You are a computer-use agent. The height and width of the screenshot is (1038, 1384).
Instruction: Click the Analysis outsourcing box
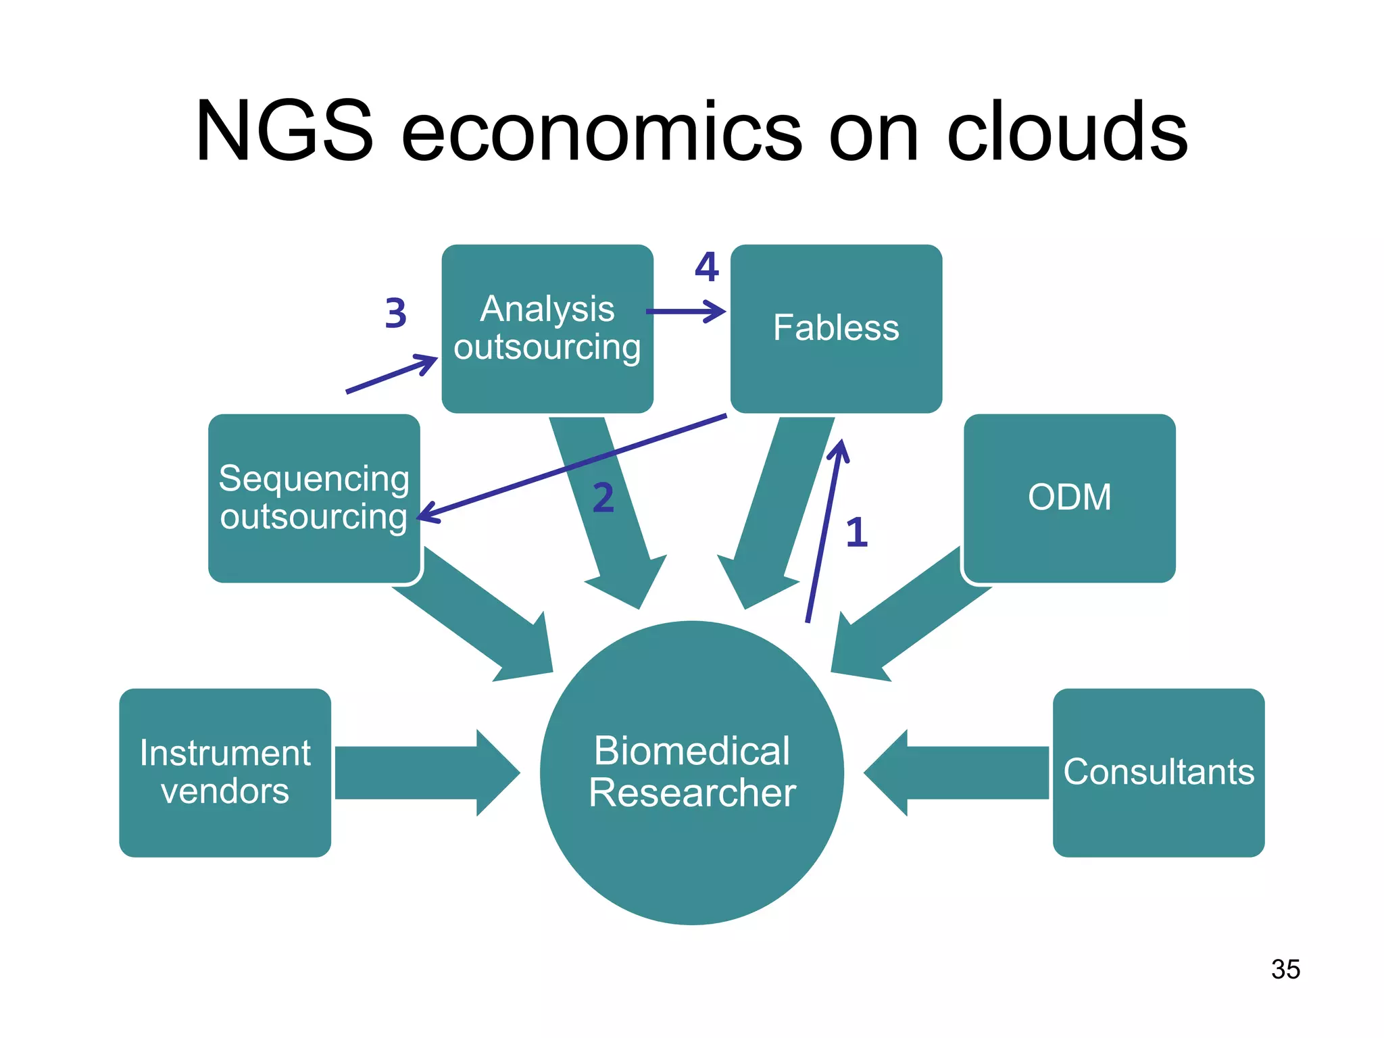pos(547,328)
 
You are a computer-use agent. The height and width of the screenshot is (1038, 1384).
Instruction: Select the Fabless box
pos(836,328)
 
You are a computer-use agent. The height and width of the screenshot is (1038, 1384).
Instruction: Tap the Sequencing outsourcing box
pos(314,498)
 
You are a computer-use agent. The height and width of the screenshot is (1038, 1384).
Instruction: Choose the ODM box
pos(1069,498)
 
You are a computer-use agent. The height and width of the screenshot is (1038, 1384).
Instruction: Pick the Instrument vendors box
pos(225,772)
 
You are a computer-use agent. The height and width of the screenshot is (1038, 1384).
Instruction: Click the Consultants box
pos(1158,772)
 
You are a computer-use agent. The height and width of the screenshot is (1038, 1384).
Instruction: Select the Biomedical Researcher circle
pos(691,772)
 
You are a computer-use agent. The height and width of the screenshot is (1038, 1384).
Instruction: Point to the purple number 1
pos(856,533)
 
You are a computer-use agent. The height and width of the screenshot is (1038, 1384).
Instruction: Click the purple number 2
pos(603,498)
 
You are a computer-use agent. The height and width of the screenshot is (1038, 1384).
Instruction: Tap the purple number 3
pos(395,314)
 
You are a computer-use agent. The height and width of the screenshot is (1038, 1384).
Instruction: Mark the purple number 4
pos(707,268)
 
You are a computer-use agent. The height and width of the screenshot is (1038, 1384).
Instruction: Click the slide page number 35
pos(1285,969)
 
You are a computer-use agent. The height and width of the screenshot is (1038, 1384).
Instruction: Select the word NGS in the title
pos(284,131)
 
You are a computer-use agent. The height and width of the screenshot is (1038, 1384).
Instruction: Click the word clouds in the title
pos(1067,131)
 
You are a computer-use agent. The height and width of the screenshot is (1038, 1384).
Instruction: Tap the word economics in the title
pos(601,132)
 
